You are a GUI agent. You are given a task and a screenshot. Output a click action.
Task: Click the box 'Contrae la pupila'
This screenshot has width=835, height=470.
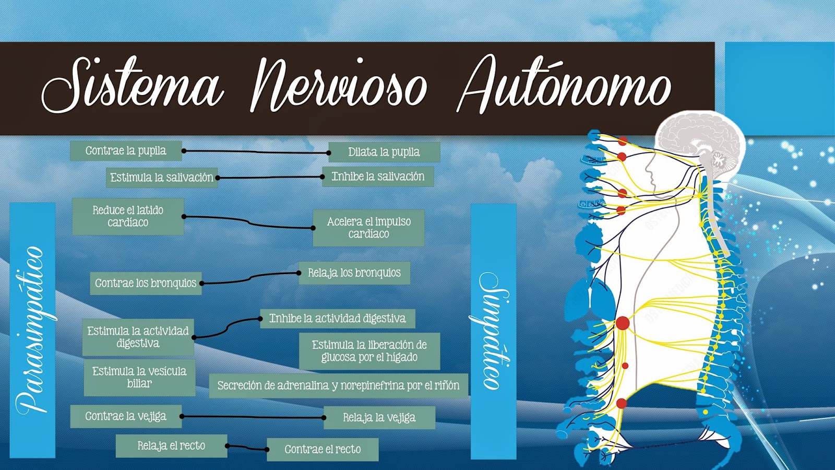coord(126,151)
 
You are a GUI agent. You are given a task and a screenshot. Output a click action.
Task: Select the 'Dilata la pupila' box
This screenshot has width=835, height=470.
coord(384,152)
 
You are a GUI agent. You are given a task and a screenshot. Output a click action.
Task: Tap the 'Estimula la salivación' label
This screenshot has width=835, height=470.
coord(161,178)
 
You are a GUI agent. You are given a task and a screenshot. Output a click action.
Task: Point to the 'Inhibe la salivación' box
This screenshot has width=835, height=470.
coord(378,177)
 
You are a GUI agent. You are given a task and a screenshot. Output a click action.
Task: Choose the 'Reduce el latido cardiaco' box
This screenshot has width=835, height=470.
coord(128,216)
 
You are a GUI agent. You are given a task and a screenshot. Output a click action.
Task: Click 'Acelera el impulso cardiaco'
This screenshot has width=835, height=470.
coord(368,228)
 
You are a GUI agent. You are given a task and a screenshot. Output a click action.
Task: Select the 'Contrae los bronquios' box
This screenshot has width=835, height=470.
coord(146,283)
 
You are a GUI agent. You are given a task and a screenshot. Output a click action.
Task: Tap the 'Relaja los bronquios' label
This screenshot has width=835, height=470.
coord(354,273)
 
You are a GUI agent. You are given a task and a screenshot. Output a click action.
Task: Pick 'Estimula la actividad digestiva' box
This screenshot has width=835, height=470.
coord(138,337)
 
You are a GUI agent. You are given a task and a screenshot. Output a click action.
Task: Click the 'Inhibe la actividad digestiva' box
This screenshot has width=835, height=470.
coord(337,318)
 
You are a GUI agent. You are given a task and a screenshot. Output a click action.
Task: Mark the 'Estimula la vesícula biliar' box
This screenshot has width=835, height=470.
coord(139,377)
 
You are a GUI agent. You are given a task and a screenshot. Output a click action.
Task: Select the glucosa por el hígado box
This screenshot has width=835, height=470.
coord(369,351)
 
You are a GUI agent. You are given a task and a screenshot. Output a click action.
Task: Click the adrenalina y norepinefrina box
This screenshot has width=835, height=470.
coord(338,385)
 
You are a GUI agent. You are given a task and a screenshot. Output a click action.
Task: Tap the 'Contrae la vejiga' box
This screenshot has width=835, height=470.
coord(126,416)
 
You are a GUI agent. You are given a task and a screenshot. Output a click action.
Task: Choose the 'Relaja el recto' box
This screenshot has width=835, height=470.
coord(171,445)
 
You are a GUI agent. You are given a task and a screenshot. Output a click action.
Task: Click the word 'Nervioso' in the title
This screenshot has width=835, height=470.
coord(339,86)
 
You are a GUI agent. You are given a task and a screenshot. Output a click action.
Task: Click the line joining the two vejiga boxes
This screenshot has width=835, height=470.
coord(253,417)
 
